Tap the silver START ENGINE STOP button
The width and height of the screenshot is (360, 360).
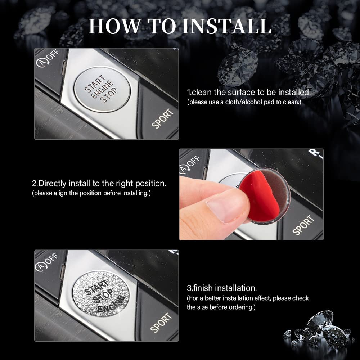tap(102, 88)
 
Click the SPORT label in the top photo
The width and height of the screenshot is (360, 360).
tap(162, 119)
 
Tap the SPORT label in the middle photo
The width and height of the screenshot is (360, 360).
tap(303, 225)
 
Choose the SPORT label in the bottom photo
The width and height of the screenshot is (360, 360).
tap(161, 323)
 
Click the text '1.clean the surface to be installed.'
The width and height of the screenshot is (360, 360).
tap(248, 93)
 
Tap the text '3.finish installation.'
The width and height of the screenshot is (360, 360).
tap(222, 288)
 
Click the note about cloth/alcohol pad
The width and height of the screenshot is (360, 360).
tap(244, 102)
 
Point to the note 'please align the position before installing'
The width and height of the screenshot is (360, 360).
tap(91, 193)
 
